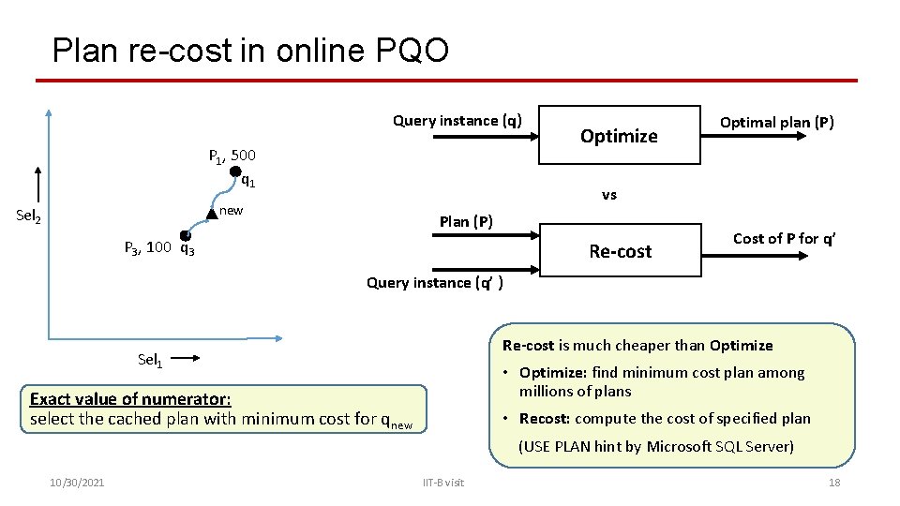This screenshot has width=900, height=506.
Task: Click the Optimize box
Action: (619, 137)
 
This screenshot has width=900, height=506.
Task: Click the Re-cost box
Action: (620, 251)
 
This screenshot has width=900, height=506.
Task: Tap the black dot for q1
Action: (235, 171)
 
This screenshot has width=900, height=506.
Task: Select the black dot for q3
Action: (186, 236)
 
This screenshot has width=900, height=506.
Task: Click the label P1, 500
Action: (232, 155)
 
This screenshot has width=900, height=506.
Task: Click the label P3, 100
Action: (148, 248)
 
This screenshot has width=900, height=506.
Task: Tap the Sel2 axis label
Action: (29, 216)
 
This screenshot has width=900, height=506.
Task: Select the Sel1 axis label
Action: (151, 359)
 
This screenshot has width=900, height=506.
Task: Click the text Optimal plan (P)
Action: (776, 122)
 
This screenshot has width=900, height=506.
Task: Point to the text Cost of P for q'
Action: (784, 238)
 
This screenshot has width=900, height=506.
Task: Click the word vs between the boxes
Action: (609, 195)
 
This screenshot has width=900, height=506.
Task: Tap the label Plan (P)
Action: (466, 222)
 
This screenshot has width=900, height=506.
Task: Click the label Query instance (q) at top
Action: (457, 120)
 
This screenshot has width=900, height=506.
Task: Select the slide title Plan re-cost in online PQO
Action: (250, 50)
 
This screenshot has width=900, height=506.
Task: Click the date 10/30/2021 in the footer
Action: (77, 482)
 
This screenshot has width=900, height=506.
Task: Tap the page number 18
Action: (833, 482)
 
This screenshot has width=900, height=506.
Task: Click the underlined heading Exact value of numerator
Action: (130, 399)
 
